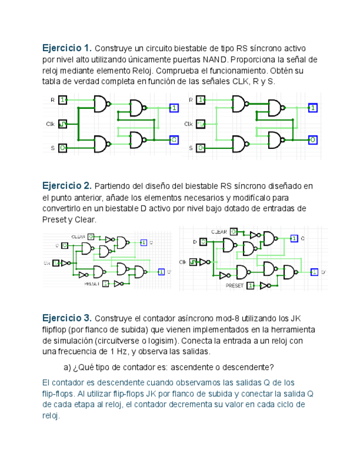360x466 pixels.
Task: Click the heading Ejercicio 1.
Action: pyautogui.click(x=67, y=48)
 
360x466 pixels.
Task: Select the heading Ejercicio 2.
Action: pyautogui.click(x=67, y=185)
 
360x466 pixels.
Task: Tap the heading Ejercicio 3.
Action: pyautogui.click(x=67, y=318)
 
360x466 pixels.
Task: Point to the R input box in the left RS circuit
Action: pyautogui.click(x=63, y=100)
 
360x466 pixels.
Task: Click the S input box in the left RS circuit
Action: pyautogui.click(x=63, y=148)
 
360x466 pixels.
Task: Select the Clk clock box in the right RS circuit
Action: pyautogui.click(x=201, y=124)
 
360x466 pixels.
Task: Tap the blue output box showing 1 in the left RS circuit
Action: pyautogui.click(x=174, y=108)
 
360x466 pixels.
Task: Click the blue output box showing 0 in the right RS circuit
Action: pyautogui.click(x=312, y=140)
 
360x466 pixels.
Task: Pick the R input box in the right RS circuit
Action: pyautogui.click(x=201, y=100)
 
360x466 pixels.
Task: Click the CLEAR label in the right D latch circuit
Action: pyautogui.click(x=219, y=232)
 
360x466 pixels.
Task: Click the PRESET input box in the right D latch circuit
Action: pyautogui.click(x=251, y=286)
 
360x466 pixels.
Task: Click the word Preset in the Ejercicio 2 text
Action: pyautogui.click(x=53, y=220)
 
